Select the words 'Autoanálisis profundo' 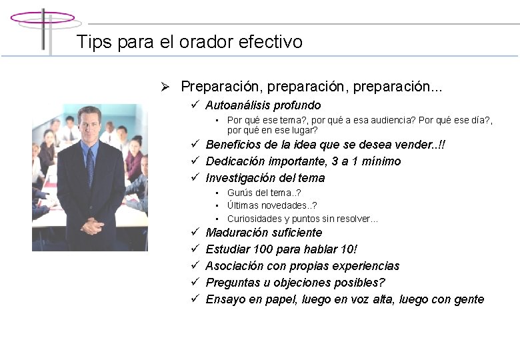point(263,105)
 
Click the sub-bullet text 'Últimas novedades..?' point(272,205)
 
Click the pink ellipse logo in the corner point(42,18)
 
